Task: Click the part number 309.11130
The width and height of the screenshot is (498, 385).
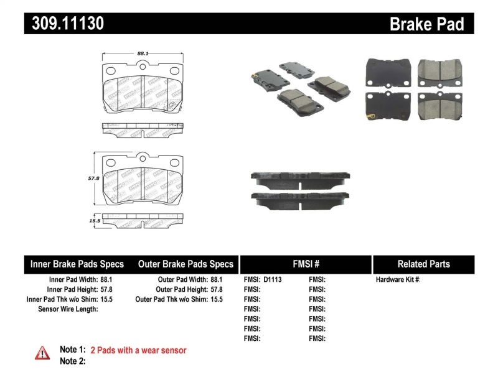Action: pos(64,24)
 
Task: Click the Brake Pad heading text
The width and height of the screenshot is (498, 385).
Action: pos(427,24)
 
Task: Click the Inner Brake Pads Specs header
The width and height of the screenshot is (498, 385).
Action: pos(77,264)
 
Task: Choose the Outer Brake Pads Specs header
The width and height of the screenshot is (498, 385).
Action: pos(186,264)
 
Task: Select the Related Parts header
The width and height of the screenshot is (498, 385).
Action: pos(423,264)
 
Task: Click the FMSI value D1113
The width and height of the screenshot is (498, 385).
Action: pos(273,280)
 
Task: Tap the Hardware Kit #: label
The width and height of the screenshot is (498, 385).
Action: pos(398,280)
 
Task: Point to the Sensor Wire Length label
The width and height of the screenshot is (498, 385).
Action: pos(68,309)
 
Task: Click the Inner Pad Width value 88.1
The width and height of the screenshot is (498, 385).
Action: pos(110,280)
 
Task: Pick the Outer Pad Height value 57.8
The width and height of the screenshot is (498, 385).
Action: pos(216,289)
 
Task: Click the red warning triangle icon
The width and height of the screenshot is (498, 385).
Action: pos(42,353)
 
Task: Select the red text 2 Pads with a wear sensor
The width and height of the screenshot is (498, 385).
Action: pos(138,350)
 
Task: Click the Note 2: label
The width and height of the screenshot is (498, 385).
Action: pos(72,361)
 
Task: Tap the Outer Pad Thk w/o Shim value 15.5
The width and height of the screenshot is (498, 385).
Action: pos(216,299)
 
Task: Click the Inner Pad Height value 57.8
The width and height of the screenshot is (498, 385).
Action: pos(110,289)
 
